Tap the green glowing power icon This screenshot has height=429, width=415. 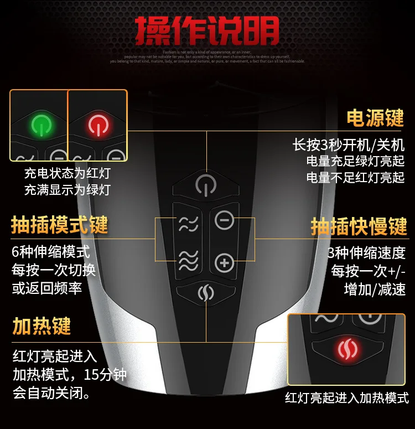click(41, 125)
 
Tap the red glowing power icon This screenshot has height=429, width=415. click(97, 126)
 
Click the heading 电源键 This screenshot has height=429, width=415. click(375, 117)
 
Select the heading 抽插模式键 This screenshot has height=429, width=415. click(60, 225)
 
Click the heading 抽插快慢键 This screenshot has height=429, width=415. click(359, 226)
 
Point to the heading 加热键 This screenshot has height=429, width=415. click(42, 326)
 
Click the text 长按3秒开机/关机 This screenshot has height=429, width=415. click(349, 145)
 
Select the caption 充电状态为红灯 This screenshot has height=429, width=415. click(67, 173)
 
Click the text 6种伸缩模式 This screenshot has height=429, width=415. click(51, 252)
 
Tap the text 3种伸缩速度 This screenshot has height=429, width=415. click(366, 252)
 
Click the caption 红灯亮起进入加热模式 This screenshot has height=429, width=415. click(347, 397)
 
